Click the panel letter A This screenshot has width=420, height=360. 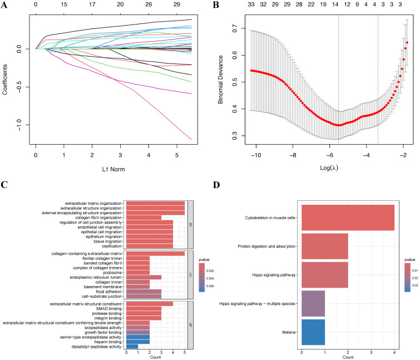(4, 6)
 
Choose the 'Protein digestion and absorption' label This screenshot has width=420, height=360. (268, 246)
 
